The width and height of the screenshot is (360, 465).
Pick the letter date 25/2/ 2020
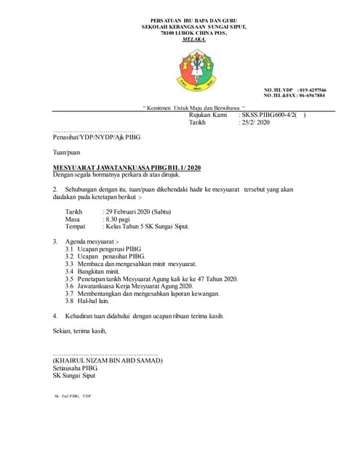tap(255, 123)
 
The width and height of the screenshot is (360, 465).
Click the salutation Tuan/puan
tap(67, 153)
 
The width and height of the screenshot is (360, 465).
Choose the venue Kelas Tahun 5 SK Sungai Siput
tap(146, 226)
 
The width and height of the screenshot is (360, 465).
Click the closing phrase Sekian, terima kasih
tap(79, 331)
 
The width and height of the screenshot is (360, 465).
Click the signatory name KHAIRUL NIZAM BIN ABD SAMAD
tap(106, 361)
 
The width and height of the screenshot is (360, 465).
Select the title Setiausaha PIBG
tap(74, 368)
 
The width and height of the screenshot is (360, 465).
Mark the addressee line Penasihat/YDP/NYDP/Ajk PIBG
tap(97, 137)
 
